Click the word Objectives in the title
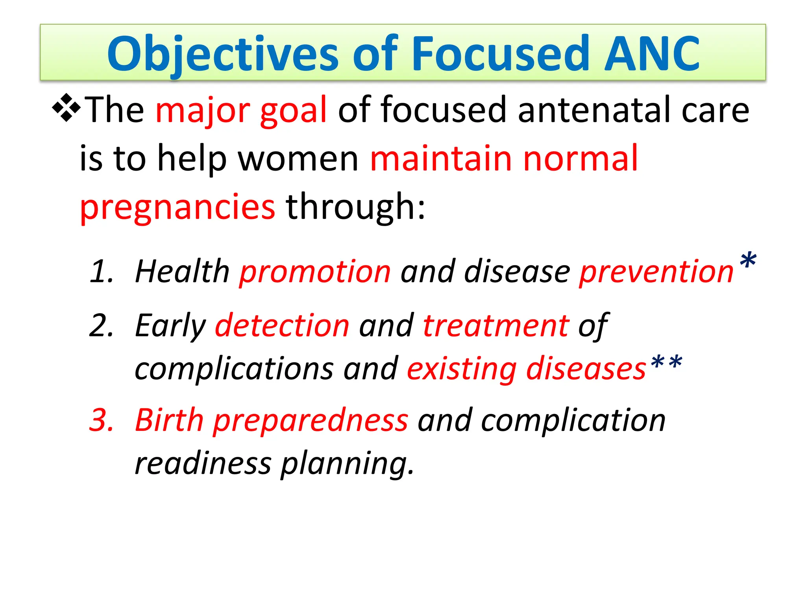coord(222,54)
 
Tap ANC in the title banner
coord(651,54)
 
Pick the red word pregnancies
coord(177,208)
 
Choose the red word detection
coord(282,326)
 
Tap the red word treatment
coord(496,326)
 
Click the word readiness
coord(203,464)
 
